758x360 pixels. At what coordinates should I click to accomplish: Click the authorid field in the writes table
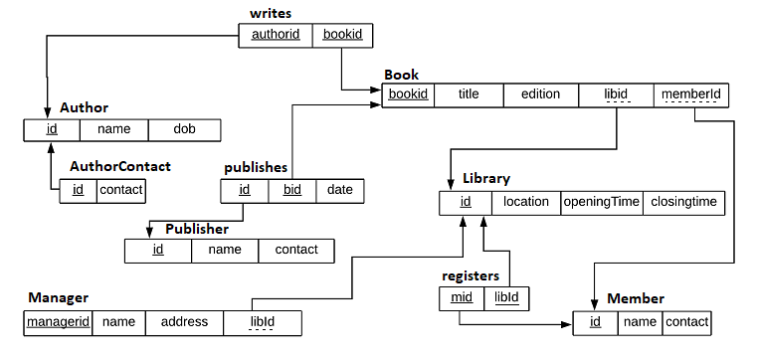[x=276, y=35]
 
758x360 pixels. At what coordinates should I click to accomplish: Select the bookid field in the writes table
[x=343, y=35]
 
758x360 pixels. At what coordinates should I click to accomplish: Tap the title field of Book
[x=468, y=94]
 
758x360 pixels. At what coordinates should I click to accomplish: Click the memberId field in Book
[x=691, y=94]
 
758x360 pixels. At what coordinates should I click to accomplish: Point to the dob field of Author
[x=184, y=129]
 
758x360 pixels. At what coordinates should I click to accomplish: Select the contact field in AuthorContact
[x=121, y=189]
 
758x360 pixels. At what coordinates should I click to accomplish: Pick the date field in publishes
[x=340, y=190]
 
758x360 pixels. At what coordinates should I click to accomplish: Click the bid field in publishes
[x=292, y=190]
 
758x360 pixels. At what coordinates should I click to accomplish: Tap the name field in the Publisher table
[x=225, y=250]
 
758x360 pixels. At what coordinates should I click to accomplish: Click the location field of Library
[x=526, y=202]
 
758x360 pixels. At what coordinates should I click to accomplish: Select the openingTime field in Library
[x=602, y=202]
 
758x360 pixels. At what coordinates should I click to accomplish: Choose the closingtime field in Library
[x=683, y=202]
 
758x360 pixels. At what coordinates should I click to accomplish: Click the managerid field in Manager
[x=59, y=322]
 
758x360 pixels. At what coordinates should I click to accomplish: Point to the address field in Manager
[x=184, y=322]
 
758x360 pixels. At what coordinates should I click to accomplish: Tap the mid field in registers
[x=462, y=297]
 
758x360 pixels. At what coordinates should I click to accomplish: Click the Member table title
[x=635, y=298]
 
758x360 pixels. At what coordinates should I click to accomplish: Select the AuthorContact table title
[x=120, y=166]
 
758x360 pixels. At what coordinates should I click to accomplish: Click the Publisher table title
[x=197, y=229]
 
